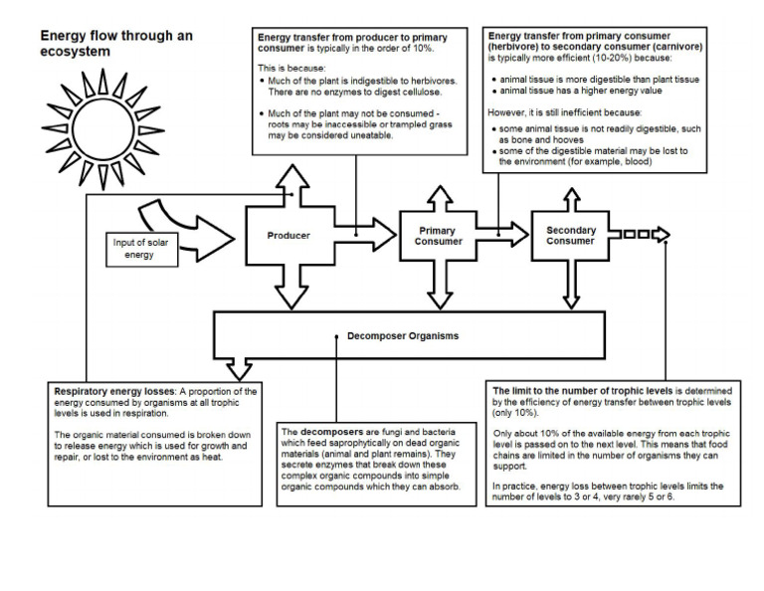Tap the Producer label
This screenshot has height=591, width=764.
(x=288, y=236)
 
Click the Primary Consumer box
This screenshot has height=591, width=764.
(x=438, y=237)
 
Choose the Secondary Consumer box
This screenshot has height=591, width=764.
(x=570, y=236)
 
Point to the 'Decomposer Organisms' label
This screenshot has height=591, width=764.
(x=403, y=336)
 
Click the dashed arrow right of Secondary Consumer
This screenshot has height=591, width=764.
(x=642, y=235)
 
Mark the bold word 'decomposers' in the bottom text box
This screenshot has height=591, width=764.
(x=327, y=431)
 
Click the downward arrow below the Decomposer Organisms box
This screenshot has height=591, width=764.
(x=239, y=368)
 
